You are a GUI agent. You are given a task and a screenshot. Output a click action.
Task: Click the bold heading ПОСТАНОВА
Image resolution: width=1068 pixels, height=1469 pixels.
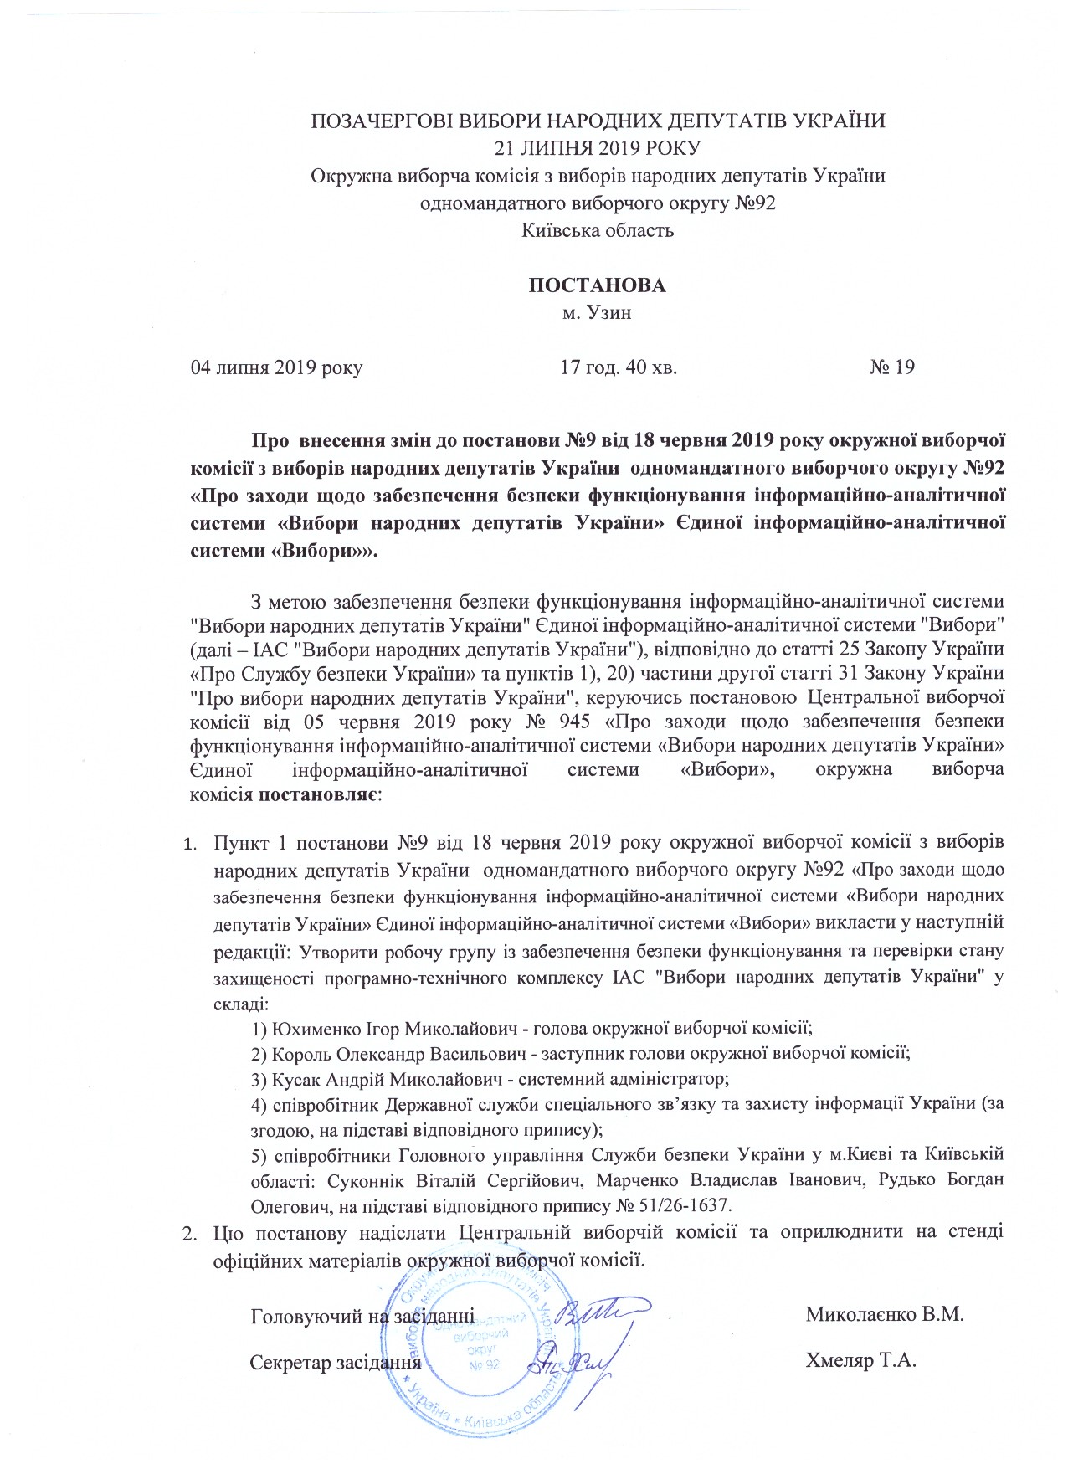point(597,285)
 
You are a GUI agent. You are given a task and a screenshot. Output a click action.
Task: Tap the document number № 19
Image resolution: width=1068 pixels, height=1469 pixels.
point(891,367)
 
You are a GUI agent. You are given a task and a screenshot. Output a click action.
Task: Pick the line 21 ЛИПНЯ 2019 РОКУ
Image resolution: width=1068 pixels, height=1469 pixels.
point(598,148)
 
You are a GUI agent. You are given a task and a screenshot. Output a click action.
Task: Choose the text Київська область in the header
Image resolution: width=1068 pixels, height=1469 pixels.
point(598,230)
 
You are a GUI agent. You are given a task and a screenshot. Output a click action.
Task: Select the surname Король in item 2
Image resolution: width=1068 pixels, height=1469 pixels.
point(297,1053)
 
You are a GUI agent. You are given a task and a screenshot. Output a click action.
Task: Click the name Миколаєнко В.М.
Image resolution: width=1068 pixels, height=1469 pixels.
point(885,1313)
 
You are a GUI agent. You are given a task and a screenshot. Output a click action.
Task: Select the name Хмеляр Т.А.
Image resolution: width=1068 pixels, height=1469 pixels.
point(860,1360)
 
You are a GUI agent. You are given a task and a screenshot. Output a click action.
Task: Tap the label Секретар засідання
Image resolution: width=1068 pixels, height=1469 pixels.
point(335,1361)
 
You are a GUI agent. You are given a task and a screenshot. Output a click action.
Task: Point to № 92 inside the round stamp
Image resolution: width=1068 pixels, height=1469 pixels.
point(485,1365)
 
